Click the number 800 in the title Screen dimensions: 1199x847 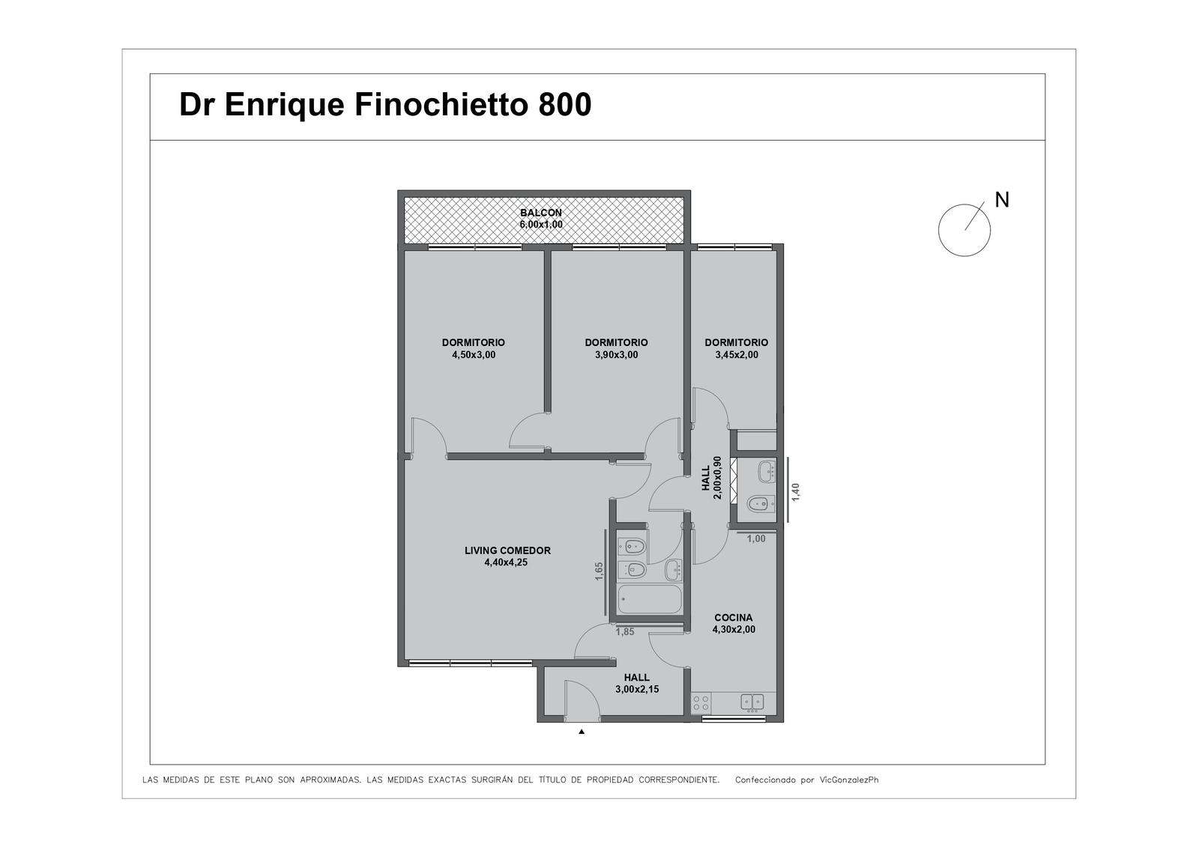tap(565, 104)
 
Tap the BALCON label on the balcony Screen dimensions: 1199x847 tap(540, 213)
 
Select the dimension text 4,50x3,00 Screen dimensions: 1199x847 tap(474, 355)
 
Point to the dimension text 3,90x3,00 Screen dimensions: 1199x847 tap(616, 355)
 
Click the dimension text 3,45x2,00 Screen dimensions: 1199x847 tap(737, 355)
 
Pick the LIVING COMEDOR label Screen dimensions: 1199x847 tap(507, 550)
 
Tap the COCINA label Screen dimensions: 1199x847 tap(734, 618)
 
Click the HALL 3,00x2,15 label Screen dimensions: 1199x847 tap(637, 683)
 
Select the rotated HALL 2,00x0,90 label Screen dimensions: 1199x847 tap(712, 477)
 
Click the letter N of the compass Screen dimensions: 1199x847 tap(1001, 200)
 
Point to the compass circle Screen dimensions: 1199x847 tap(938, 230)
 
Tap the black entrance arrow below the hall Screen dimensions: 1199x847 tap(582, 732)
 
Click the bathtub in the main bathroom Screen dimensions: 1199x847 tap(649, 599)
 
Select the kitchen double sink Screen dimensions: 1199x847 tap(752, 702)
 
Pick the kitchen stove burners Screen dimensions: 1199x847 tap(701, 702)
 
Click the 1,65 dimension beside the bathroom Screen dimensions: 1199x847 tap(599, 571)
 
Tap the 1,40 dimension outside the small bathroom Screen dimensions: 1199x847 tap(795, 492)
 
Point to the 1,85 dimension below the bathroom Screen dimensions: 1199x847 tap(625, 632)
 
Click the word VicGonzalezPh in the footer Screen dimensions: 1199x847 tap(849, 780)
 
